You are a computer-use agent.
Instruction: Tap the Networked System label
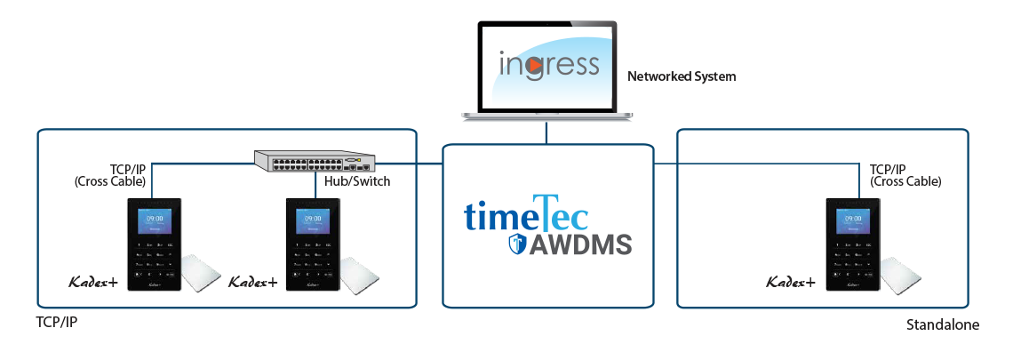pos(682,76)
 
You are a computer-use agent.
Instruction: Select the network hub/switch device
pos(313,161)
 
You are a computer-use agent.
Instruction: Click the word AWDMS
pos(581,244)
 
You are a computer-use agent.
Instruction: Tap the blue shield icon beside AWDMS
pos(517,244)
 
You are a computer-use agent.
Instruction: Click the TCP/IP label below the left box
pos(56,321)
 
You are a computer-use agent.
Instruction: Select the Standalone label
pos(942,325)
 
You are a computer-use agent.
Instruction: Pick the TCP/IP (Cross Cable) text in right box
pos(905,175)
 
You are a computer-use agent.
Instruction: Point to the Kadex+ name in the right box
pos(791,282)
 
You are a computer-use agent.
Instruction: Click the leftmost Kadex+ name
pos(93,282)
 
